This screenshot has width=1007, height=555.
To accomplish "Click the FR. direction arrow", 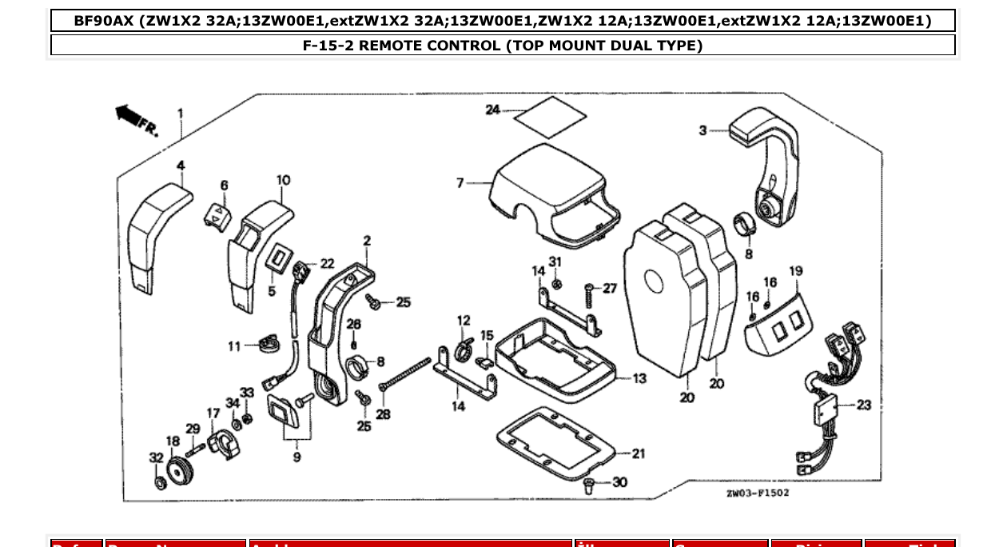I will [x=130, y=117].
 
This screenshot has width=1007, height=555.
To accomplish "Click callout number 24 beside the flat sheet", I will [x=492, y=110].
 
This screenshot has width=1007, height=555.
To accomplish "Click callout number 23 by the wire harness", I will [x=863, y=405].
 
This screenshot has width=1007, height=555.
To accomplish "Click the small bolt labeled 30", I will [x=589, y=484].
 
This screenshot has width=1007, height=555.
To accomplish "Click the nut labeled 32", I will [x=159, y=483].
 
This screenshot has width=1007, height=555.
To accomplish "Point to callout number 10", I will [x=284, y=181].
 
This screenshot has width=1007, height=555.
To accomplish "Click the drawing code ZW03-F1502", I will [x=757, y=493].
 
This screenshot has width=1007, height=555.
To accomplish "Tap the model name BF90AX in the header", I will [x=104, y=21].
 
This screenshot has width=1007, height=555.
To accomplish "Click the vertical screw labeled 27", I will [x=589, y=297].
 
